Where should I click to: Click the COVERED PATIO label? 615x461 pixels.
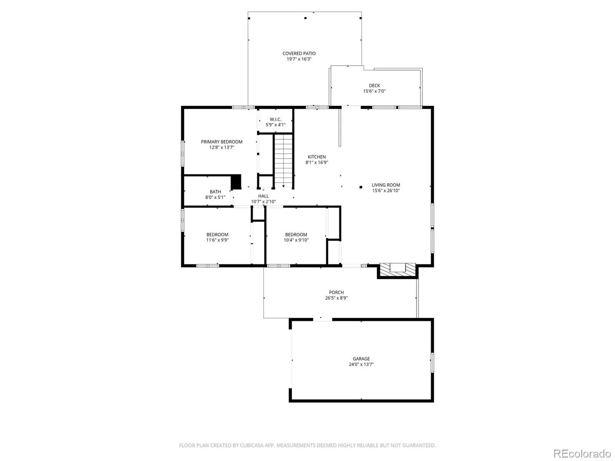[299, 53]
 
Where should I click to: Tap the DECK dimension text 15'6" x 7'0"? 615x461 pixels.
[374, 91]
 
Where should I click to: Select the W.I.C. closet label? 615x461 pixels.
[276, 119]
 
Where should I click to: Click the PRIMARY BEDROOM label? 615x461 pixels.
[221, 142]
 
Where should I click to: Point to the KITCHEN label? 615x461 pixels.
[316, 157]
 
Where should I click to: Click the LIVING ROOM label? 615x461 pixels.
[386, 185]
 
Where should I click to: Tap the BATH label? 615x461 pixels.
[215, 192]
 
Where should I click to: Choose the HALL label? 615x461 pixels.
[263, 196]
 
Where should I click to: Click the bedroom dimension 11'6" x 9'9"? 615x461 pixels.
[217, 240]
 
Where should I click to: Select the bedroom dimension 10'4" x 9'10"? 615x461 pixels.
[296, 240]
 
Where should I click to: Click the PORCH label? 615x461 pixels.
[336, 292]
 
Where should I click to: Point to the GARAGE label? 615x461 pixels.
[361, 359]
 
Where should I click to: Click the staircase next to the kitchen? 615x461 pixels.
[283, 161]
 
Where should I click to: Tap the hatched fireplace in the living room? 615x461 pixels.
[397, 270]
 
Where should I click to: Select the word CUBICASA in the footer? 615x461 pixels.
[252, 445]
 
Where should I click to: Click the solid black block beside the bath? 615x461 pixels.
[236, 182]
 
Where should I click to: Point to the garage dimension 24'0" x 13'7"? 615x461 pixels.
[361, 365]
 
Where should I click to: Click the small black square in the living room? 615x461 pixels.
[361, 187]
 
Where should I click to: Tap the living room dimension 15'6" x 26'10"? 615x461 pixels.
[386, 191]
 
